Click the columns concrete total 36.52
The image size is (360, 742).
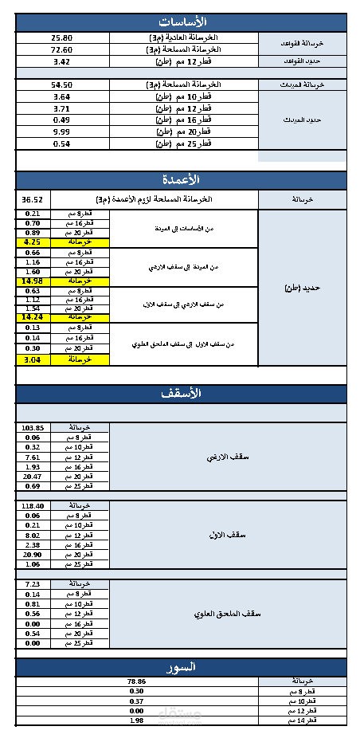point(33,200)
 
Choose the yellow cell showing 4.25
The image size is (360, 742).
point(33,241)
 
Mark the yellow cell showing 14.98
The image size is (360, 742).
point(33,281)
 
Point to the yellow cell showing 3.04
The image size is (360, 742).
point(33,359)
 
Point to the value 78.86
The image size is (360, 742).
point(136,681)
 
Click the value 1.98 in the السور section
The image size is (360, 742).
point(136,720)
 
